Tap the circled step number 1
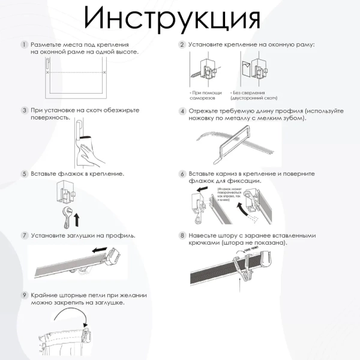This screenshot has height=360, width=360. [x=24, y=45]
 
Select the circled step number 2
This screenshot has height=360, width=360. [x=182, y=45]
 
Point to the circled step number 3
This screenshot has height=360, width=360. [x=24, y=110]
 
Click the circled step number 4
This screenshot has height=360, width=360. [x=182, y=111]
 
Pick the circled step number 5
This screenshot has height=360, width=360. [x=24, y=174]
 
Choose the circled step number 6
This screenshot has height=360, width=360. [x=182, y=174]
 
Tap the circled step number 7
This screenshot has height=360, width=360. [x=24, y=235]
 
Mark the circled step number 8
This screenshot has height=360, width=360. [x=182, y=236]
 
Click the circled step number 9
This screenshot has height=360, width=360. [x=24, y=296]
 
